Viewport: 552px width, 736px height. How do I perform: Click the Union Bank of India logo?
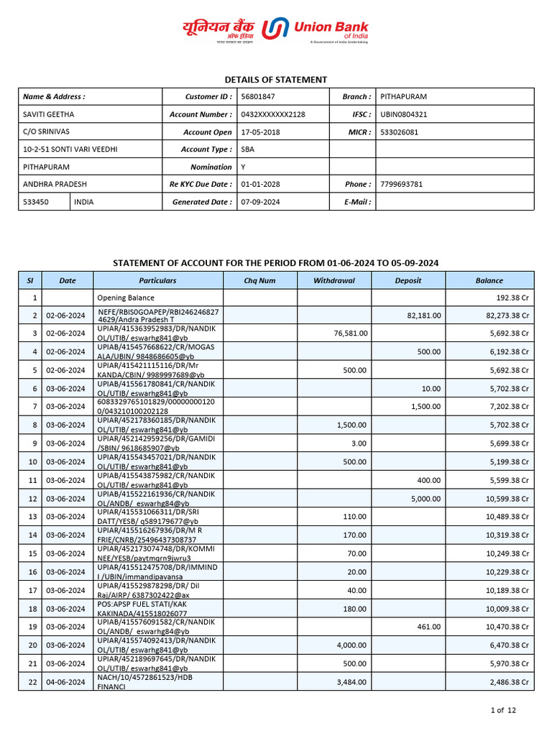click(x=276, y=30)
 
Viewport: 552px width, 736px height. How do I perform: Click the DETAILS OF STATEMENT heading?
click(x=276, y=80)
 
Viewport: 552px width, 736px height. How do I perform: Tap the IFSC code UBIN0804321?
click(x=403, y=114)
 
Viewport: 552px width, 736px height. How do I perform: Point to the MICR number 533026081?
click(x=398, y=132)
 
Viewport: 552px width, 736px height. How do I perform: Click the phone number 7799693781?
click(x=401, y=184)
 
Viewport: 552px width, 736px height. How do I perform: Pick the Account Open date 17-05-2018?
click(x=260, y=132)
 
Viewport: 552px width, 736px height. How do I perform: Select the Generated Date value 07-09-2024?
click(x=260, y=202)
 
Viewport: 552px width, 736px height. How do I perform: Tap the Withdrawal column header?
click(x=334, y=280)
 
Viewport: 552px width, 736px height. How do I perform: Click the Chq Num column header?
click(x=259, y=280)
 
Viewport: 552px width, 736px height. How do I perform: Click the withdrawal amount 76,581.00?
click(x=351, y=333)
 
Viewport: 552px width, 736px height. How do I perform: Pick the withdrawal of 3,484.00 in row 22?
click(x=352, y=682)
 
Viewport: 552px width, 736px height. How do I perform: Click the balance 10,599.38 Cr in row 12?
click(x=507, y=499)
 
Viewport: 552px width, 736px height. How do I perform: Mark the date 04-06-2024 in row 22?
click(x=65, y=682)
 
